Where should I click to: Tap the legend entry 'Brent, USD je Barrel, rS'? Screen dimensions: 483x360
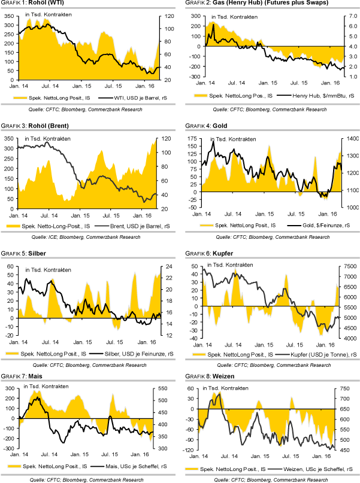click(126, 225)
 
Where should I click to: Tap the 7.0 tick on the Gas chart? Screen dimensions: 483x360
click(350, 16)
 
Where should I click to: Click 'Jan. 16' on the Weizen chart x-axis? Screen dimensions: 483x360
click(324, 456)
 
